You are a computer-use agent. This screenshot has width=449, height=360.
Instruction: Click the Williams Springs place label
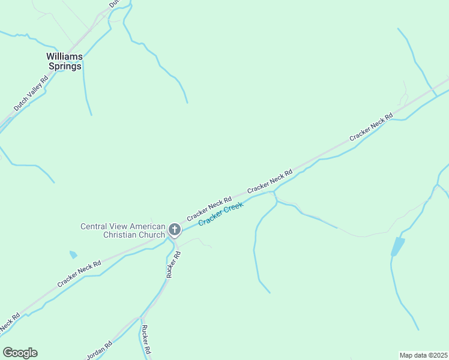click(x=64, y=61)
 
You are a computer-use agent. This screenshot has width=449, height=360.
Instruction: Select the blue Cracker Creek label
click(x=221, y=214)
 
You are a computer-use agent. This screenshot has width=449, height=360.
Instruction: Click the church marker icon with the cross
click(x=175, y=229)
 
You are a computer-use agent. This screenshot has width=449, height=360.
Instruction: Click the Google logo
click(x=20, y=353)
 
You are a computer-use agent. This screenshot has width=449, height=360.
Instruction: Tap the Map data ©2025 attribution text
click(x=423, y=355)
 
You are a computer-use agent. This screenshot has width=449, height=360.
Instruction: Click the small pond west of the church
click(x=73, y=254)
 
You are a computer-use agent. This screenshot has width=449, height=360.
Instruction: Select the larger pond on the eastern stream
click(x=397, y=246)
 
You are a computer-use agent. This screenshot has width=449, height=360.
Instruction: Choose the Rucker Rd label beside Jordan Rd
click(x=145, y=339)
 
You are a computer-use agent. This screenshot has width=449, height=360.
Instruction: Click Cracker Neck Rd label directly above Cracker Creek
click(x=209, y=208)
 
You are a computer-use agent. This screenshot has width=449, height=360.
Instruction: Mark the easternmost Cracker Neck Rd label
click(x=370, y=127)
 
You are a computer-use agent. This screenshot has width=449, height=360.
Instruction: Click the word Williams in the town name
click(x=64, y=56)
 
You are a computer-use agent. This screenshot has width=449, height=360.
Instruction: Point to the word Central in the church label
click(x=95, y=226)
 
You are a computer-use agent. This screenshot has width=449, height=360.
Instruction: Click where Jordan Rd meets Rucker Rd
click(x=142, y=316)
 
